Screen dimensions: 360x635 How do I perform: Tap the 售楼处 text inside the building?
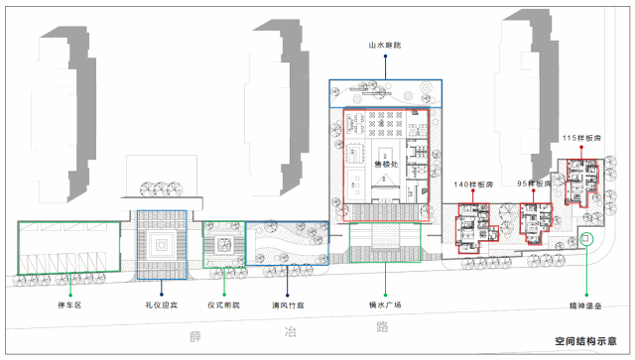tap(386, 164)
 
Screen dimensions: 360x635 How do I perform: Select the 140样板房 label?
tap(473, 185)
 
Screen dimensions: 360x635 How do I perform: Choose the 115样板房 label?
tap(580, 138)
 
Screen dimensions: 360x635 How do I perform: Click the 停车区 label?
tap(68, 305)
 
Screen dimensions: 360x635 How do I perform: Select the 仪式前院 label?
tap(224, 305)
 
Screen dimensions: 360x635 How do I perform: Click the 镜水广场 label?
tap(382, 305)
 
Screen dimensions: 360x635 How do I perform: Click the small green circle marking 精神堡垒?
tap(585, 238)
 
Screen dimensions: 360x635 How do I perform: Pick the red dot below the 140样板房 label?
tap(473, 195)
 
